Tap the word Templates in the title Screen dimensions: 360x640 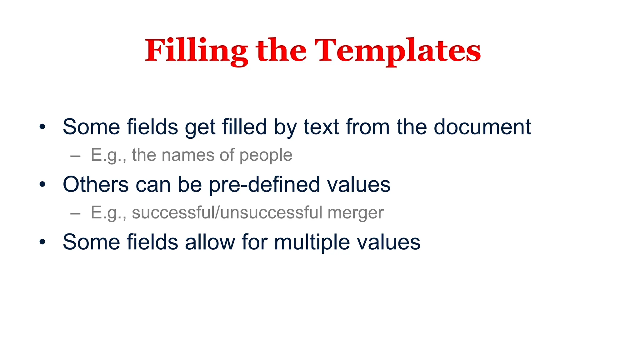click(x=397, y=51)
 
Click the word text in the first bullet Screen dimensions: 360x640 click(x=321, y=127)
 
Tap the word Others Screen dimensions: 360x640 click(x=96, y=184)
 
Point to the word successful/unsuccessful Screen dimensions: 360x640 click(x=227, y=212)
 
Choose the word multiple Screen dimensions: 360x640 click(x=312, y=242)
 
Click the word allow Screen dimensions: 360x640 click(x=210, y=242)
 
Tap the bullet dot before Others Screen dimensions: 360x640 click(x=42, y=184)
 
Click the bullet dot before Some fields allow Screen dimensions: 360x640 click(x=42, y=242)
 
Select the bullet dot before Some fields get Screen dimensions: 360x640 click(x=42, y=127)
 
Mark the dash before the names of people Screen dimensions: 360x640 click(x=75, y=155)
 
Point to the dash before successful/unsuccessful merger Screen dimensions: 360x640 click(x=75, y=213)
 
